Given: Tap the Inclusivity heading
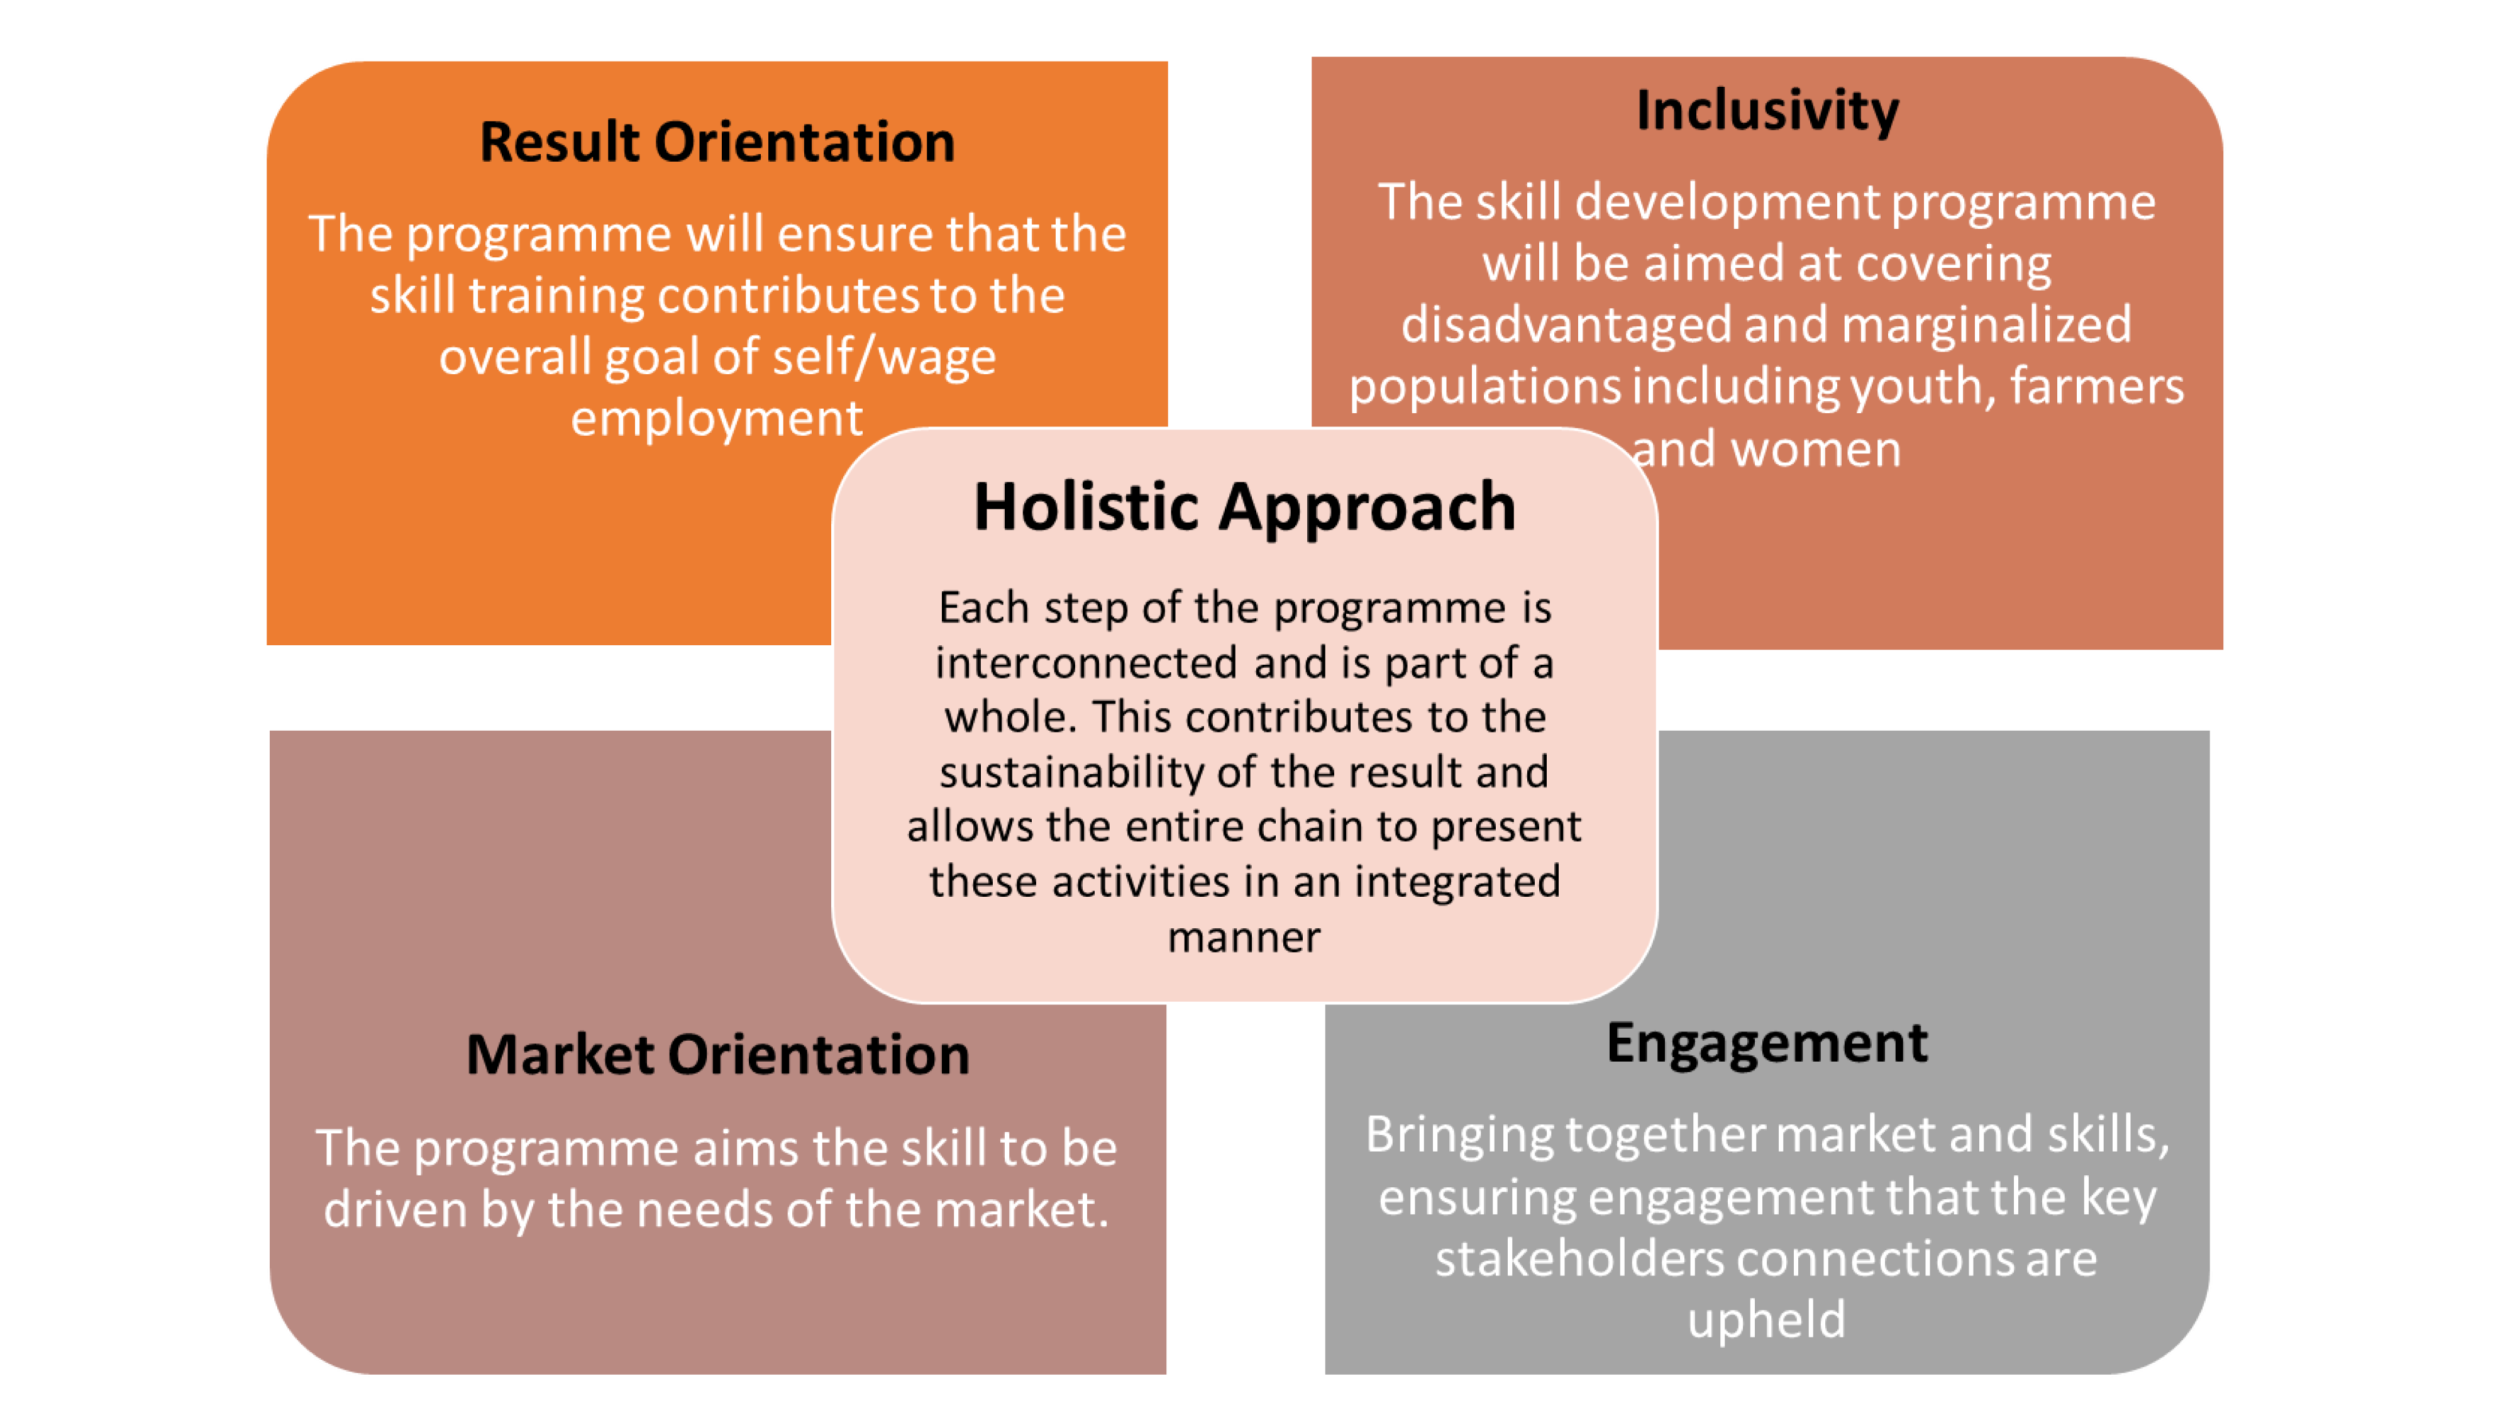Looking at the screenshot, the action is [1767, 110].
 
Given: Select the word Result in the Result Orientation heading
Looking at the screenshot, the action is [560, 143].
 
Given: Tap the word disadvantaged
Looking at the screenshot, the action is [1566, 325].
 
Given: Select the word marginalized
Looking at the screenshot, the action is [1987, 325].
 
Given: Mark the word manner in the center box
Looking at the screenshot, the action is [1244, 938].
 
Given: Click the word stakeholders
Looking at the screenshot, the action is [1579, 1259].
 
